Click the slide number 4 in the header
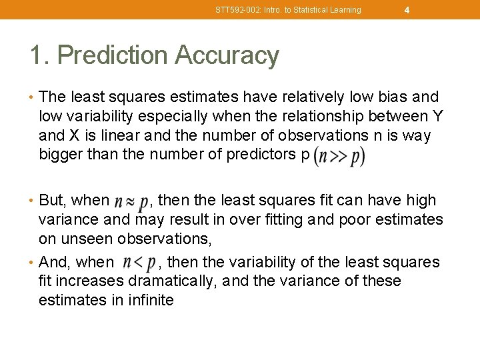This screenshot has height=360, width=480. pyautogui.click(x=407, y=10)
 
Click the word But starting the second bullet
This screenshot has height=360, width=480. pyautogui.click(x=51, y=200)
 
